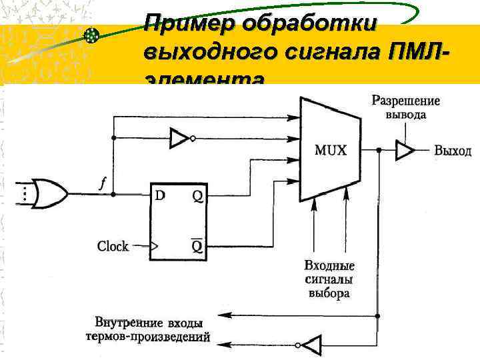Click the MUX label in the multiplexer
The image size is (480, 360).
point(331,150)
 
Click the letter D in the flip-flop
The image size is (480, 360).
point(161,195)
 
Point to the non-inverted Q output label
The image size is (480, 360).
point(198,195)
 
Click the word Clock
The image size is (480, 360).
point(113,247)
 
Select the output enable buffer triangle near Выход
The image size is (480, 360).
point(404,151)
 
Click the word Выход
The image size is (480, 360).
point(453,151)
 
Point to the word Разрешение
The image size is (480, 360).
point(405,101)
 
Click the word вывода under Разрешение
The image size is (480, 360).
point(406,115)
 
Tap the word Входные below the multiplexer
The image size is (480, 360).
point(329,266)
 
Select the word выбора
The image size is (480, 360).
point(329,293)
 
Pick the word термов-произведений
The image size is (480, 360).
point(148,337)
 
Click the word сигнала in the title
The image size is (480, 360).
point(313,51)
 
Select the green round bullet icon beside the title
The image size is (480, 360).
point(91,35)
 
